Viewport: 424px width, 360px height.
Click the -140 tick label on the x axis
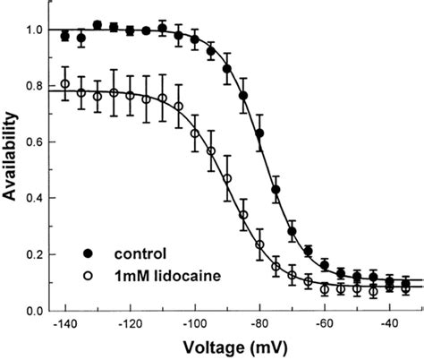click(x=64, y=324)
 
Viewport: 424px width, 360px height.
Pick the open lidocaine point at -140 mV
click(x=64, y=85)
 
